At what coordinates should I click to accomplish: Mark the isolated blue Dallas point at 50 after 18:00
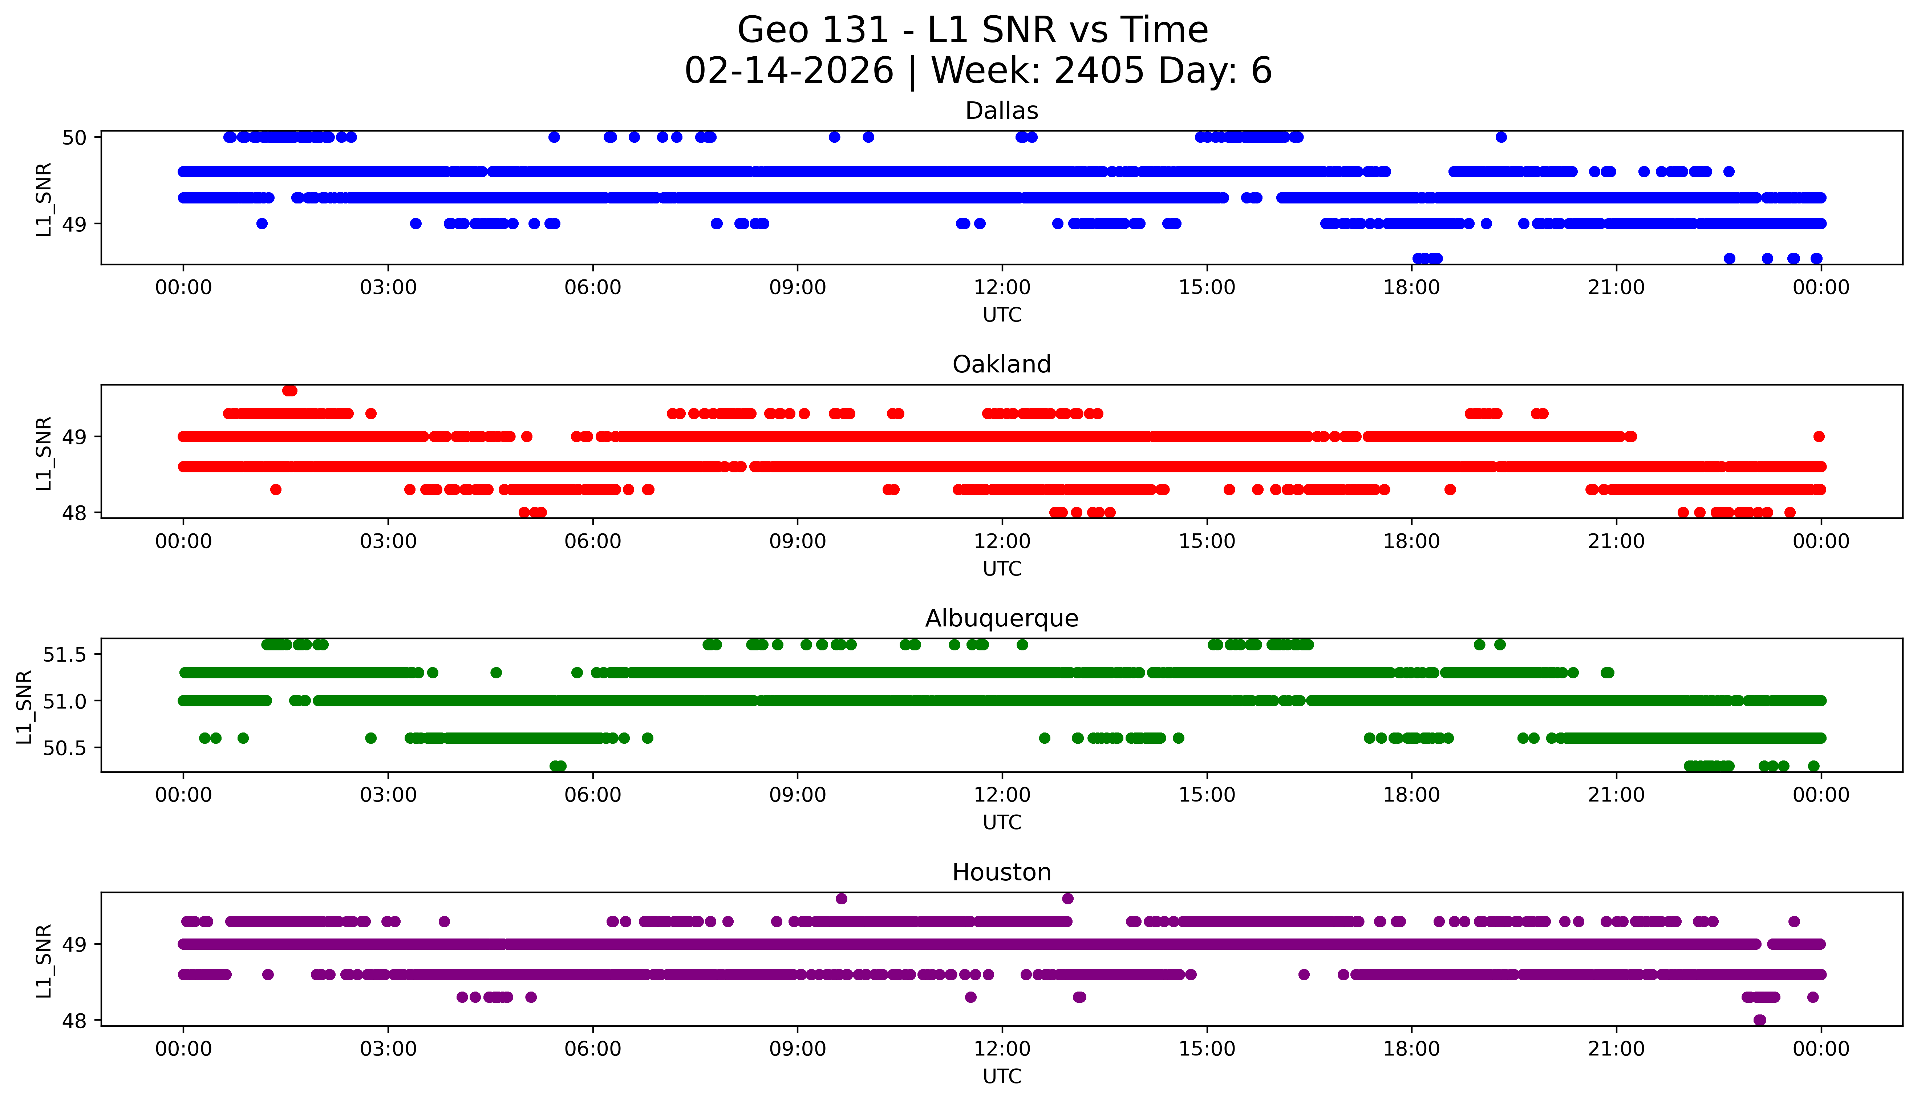tap(1501, 137)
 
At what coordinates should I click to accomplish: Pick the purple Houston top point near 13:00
tap(1067, 899)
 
